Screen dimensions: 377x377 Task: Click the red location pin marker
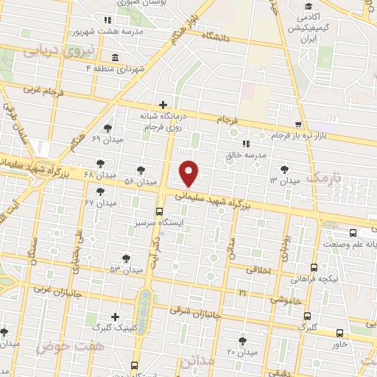pyautogui.click(x=189, y=172)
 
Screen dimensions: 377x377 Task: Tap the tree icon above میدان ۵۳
pyautogui.click(x=127, y=258)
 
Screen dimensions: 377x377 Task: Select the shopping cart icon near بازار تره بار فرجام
pyautogui.click(x=297, y=124)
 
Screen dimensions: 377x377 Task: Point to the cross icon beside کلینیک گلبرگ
pyautogui.click(x=115, y=315)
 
